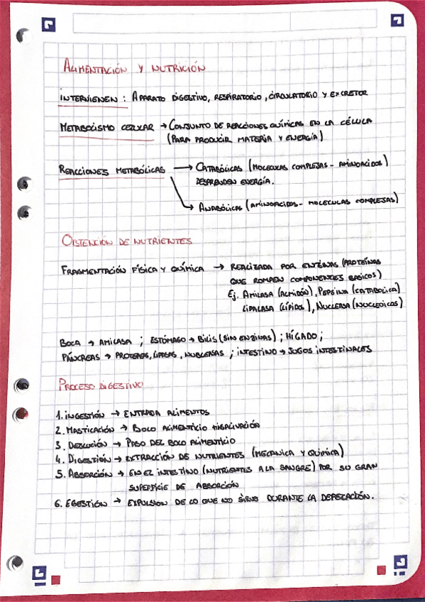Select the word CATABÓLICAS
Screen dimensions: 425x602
point(221,168)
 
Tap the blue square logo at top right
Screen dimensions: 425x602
point(397,21)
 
